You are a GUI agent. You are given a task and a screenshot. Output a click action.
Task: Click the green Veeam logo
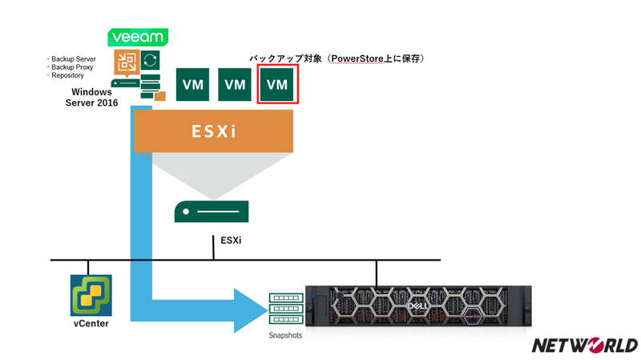pyautogui.click(x=137, y=38)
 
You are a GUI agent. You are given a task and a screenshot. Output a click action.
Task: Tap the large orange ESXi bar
pyautogui.click(x=212, y=130)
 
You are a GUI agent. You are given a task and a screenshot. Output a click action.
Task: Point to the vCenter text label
pyautogui.click(x=91, y=324)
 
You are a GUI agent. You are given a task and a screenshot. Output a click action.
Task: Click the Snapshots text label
pyautogui.click(x=285, y=335)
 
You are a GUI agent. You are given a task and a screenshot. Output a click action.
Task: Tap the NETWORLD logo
pyautogui.click(x=585, y=346)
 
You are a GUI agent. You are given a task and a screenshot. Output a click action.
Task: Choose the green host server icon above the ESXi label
pyautogui.click(x=212, y=212)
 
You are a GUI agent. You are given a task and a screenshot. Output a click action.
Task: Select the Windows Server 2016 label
pyautogui.click(x=91, y=98)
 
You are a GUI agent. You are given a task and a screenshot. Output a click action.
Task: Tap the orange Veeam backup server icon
pyautogui.click(x=127, y=64)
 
